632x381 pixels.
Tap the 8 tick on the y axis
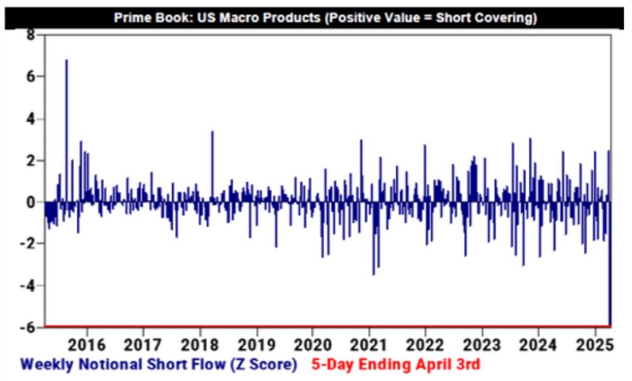(30, 35)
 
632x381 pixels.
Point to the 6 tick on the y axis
(30, 76)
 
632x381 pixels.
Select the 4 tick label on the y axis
(30, 119)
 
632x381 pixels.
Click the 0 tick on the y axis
(30, 202)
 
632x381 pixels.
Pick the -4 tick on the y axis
(27, 286)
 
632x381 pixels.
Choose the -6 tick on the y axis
(27, 327)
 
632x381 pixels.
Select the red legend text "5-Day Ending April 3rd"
(395, 365)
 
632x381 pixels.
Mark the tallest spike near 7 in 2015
(66, 61)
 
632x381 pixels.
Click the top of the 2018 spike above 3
(212, 132)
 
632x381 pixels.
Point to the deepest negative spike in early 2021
(374, 274)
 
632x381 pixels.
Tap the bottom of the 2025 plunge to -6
(610, 324)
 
